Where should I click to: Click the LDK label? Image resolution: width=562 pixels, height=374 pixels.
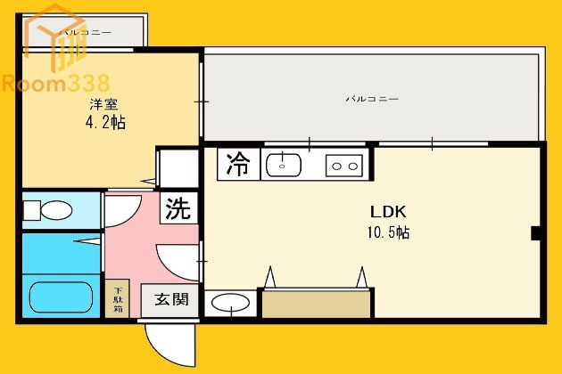tap(389, 213)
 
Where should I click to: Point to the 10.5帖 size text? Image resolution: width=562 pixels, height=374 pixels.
tap(389, 232)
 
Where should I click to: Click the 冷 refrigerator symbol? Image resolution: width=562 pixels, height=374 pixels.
tap(238, 164)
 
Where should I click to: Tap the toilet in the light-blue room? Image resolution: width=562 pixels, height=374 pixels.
tap(50, 210)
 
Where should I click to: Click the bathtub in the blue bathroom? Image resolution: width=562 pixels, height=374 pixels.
tap(59, 297)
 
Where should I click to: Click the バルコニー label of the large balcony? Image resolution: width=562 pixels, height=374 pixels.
tap(372, 99)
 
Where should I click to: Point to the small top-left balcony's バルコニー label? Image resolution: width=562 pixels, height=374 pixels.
tap(86, 33)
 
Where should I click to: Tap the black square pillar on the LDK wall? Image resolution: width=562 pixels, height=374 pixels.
tap(536, 233)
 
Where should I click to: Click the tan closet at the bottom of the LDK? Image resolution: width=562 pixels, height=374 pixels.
tap(317, 302)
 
